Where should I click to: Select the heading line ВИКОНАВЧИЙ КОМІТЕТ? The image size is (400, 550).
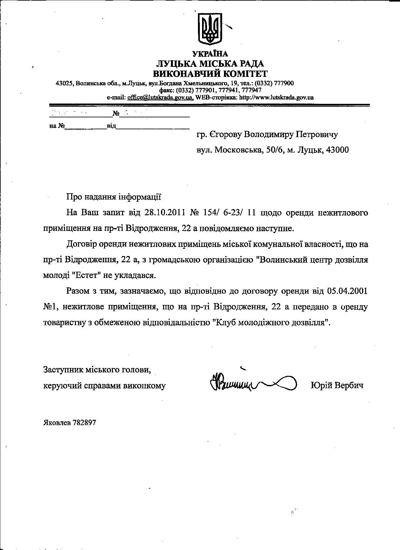(210, 74)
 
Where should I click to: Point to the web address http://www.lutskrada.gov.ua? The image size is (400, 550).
(276, 97)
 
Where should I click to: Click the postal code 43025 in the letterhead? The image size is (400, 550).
(64, 83)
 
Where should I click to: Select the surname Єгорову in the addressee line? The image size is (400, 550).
(225, 135)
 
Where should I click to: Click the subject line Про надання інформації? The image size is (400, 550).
(114, 197)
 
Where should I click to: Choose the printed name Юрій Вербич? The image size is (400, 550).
(337, 385)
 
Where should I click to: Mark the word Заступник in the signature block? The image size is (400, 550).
(62, 370)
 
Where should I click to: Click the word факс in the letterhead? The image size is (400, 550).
(166, 90)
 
